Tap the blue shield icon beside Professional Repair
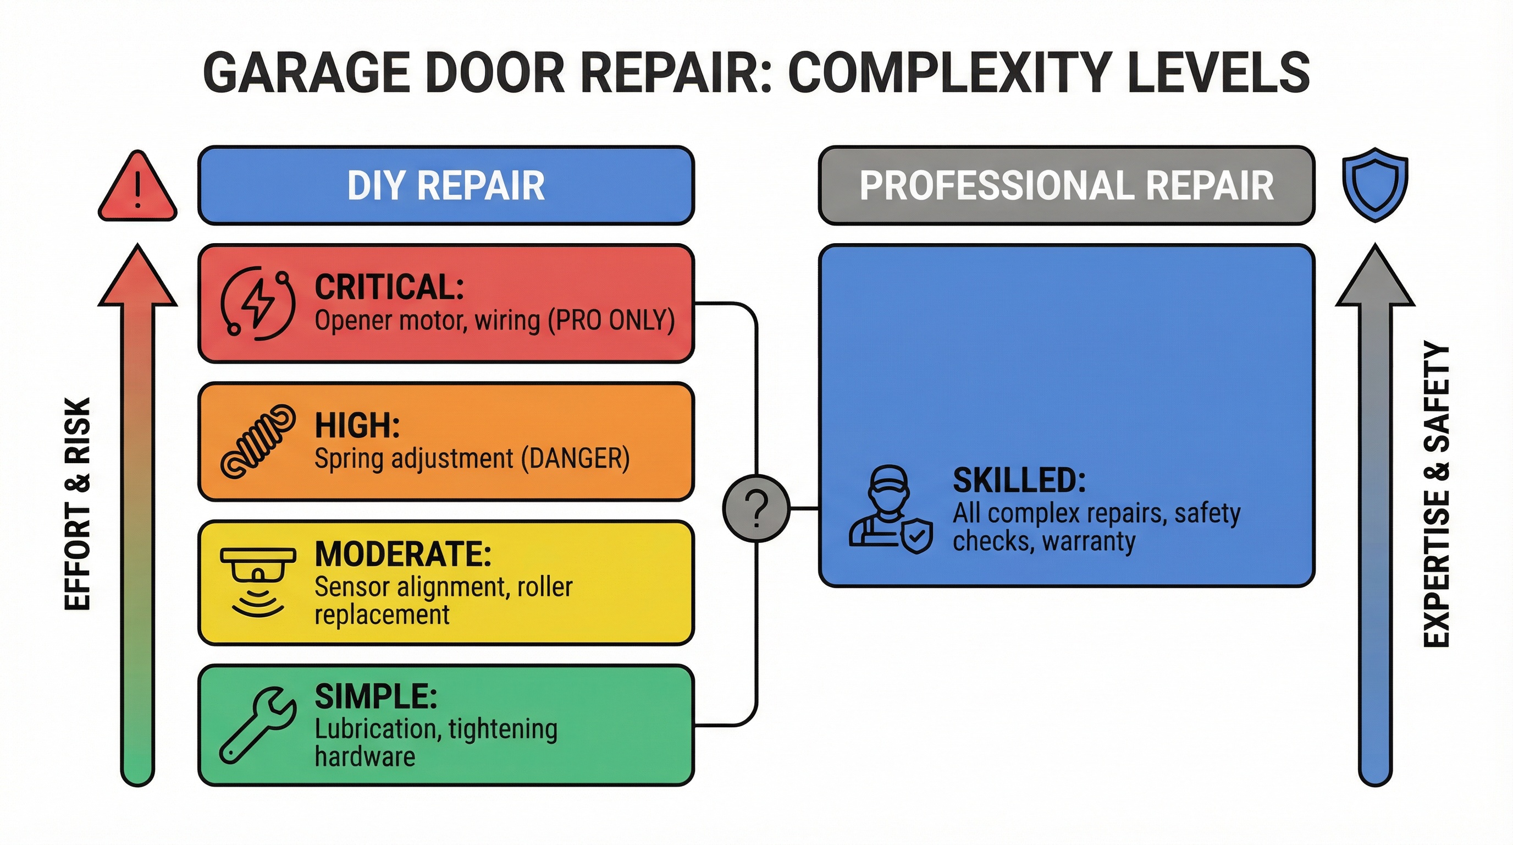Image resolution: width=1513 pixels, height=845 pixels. pos(1375,184)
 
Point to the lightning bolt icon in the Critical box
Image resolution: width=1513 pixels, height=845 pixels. pos(258,303)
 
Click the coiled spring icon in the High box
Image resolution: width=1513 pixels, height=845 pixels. pos(257,441)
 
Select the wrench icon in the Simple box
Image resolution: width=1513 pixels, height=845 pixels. pos(257,725)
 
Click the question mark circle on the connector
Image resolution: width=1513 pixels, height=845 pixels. pos(756,508)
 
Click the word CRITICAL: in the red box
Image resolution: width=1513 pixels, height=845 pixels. pos(389,287)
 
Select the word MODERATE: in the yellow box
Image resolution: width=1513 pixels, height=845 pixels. pos(403,554)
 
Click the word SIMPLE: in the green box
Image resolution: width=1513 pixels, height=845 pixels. pos(376,697)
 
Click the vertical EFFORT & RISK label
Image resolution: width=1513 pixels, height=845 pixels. pos(78,503)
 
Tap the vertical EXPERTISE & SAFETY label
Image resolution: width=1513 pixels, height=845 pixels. pos(1436,493)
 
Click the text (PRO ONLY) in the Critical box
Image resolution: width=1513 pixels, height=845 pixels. pos(611,320)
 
